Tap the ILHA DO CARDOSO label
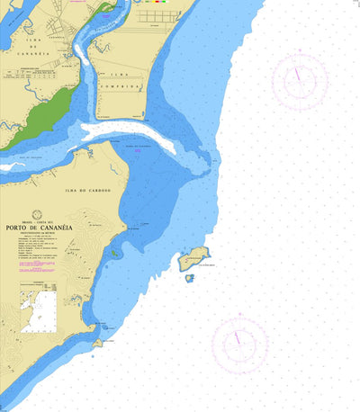pos(87,191)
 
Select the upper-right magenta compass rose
pos(299,81)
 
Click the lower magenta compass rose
pos(238,344)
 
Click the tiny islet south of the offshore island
pos(189,278)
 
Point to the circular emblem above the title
pos(37,215)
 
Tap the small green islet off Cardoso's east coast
pos(115,254)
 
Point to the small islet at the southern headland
pos(97,342)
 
